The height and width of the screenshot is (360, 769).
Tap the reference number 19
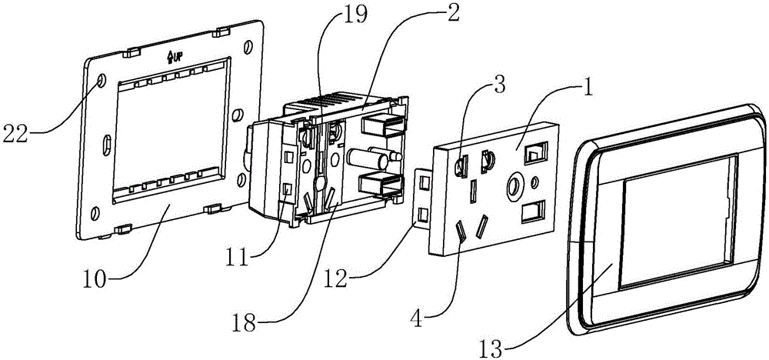[355, 15]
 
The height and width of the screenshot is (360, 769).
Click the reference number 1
[587, 90]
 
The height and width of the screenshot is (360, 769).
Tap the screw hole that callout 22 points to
[102, 80]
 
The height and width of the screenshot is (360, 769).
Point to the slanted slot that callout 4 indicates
[461, 232]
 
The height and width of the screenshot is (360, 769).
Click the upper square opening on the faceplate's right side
[535, 153]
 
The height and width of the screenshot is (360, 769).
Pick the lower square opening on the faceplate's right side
[533, 212]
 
